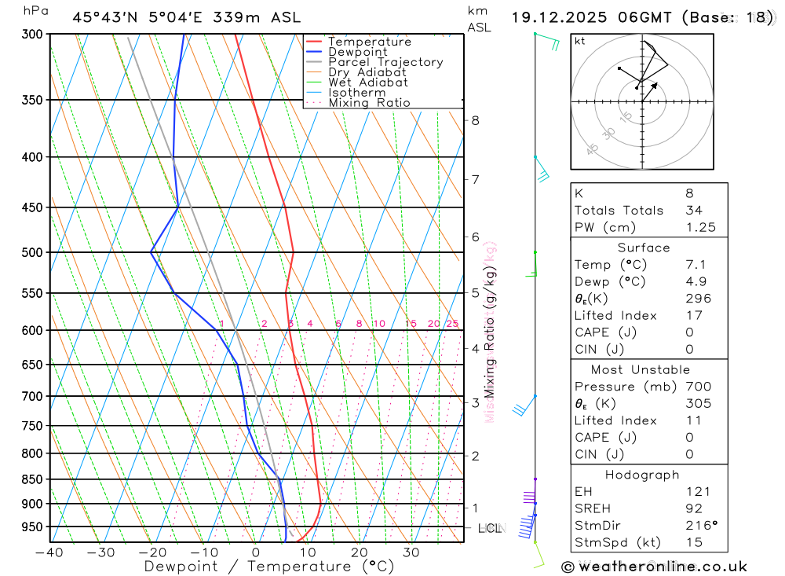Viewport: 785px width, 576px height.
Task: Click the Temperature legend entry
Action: pyautogui.click(x=369, y=42)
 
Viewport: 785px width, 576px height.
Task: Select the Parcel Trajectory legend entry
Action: pyautogui.click(x=385, y=62)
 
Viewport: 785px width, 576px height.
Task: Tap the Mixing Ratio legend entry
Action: pyautogui.click(x=369, y=103)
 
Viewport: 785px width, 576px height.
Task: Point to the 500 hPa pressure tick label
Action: pyautogui.click(x=31, y=252)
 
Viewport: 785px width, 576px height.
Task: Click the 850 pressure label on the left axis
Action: pyautogui.click(x=31, y=479)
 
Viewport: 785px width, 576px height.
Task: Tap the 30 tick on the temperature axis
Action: pyautogui.click(x=411, y=552)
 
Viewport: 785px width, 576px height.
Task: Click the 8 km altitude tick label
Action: pyautogui.click(x=475, y=120)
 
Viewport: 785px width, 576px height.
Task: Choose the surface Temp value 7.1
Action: pyautogui.click(x=694, y=265)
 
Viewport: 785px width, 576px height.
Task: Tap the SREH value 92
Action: pyautogui.click(x=693, y=508)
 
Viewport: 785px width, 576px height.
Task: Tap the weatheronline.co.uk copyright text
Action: pyautogui.click(x=654, y=567)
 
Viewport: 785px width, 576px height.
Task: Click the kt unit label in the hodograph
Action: pyautogui.click(x=580, y=41)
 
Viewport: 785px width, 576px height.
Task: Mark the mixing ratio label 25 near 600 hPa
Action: pyautogui.click(x=452, y=324)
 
